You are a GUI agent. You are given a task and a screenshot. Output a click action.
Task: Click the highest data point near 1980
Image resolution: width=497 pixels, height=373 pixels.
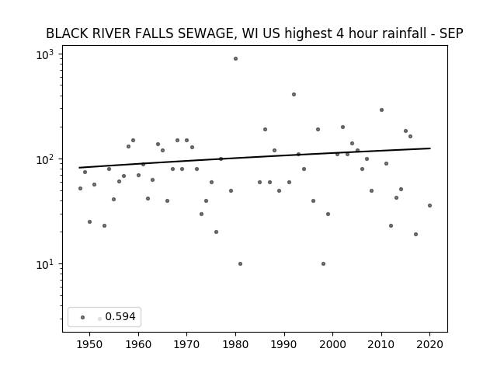[235, 59]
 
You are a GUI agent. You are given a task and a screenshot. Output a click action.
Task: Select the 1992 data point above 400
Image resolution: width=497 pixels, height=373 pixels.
[294, 95]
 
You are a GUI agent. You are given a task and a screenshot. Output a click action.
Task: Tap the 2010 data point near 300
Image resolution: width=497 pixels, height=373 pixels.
[381, 110]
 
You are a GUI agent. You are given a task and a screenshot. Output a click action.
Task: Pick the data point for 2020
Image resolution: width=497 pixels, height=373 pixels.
[429, 205]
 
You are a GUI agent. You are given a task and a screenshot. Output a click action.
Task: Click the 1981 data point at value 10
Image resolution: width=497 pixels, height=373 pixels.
[240, 264]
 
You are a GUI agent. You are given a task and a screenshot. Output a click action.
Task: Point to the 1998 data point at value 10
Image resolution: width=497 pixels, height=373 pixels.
[323, 264]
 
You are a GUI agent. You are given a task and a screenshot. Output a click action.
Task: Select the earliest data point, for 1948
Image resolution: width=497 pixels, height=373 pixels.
[80, 188]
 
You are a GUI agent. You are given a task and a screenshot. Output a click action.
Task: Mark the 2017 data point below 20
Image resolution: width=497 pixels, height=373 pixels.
[416, 235]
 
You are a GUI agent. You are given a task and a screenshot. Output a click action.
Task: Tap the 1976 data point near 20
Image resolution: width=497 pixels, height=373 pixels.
[216, 232]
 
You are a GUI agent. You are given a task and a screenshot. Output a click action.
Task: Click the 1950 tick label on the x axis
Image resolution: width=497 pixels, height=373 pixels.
[90, 344]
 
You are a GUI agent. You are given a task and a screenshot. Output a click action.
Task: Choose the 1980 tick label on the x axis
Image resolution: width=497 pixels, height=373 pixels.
[235, 344]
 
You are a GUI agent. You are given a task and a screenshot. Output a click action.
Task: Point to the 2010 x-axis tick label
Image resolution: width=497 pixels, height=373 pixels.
[381, 344]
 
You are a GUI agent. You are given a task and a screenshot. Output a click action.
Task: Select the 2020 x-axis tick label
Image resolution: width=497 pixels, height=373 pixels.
[429, 344]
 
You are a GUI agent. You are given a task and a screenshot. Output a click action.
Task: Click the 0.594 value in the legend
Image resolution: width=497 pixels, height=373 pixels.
[120, 316]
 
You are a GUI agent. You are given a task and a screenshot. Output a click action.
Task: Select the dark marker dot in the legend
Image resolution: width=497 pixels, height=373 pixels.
[83, 317]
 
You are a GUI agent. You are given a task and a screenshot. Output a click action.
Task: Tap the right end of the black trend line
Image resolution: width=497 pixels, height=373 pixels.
[430, 148]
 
